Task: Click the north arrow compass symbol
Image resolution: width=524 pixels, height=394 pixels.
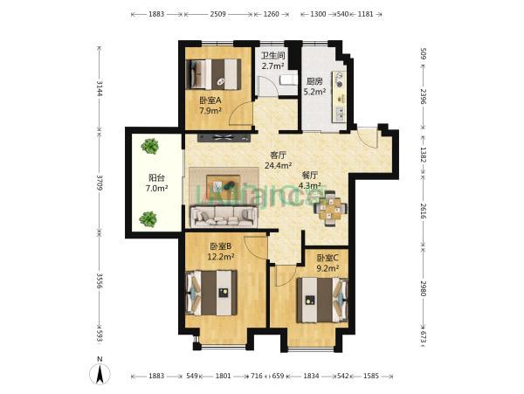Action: pos(100,373)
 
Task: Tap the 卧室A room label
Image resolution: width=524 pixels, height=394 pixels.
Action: pos(210,100)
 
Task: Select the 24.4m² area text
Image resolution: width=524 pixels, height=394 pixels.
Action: pos(279,165)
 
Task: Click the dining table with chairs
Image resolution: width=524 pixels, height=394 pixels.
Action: pos(330,208)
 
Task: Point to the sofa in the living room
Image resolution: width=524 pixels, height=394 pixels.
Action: pos(224,217)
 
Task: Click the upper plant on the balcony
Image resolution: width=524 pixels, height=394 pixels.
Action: pos(149,146)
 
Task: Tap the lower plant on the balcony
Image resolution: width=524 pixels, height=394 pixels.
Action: pos(148,219)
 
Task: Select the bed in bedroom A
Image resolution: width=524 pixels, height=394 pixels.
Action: pos(213,74)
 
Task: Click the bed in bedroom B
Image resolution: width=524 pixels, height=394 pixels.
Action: pos(211,293)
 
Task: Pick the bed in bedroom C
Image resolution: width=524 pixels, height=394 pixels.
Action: pos(322,301)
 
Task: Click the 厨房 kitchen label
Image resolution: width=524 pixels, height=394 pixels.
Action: pos(314,81)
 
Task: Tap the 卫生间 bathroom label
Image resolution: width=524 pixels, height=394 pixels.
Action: pos(272,55)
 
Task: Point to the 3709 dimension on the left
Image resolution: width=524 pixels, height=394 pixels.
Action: pos(100,182)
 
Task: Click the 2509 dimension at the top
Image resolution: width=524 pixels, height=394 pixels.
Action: pos(217,14)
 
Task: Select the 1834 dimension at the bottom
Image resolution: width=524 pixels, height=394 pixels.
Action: pos(311,376)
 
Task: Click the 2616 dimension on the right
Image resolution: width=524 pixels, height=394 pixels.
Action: pos(423,211)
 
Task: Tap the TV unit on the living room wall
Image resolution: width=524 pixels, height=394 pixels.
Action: pos(224,138)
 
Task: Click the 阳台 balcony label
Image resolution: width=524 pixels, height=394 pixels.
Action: pos(156,178)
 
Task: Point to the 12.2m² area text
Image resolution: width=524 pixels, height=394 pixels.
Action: pos(221,257)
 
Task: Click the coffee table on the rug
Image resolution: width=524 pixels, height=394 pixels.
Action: pos(223,184)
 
